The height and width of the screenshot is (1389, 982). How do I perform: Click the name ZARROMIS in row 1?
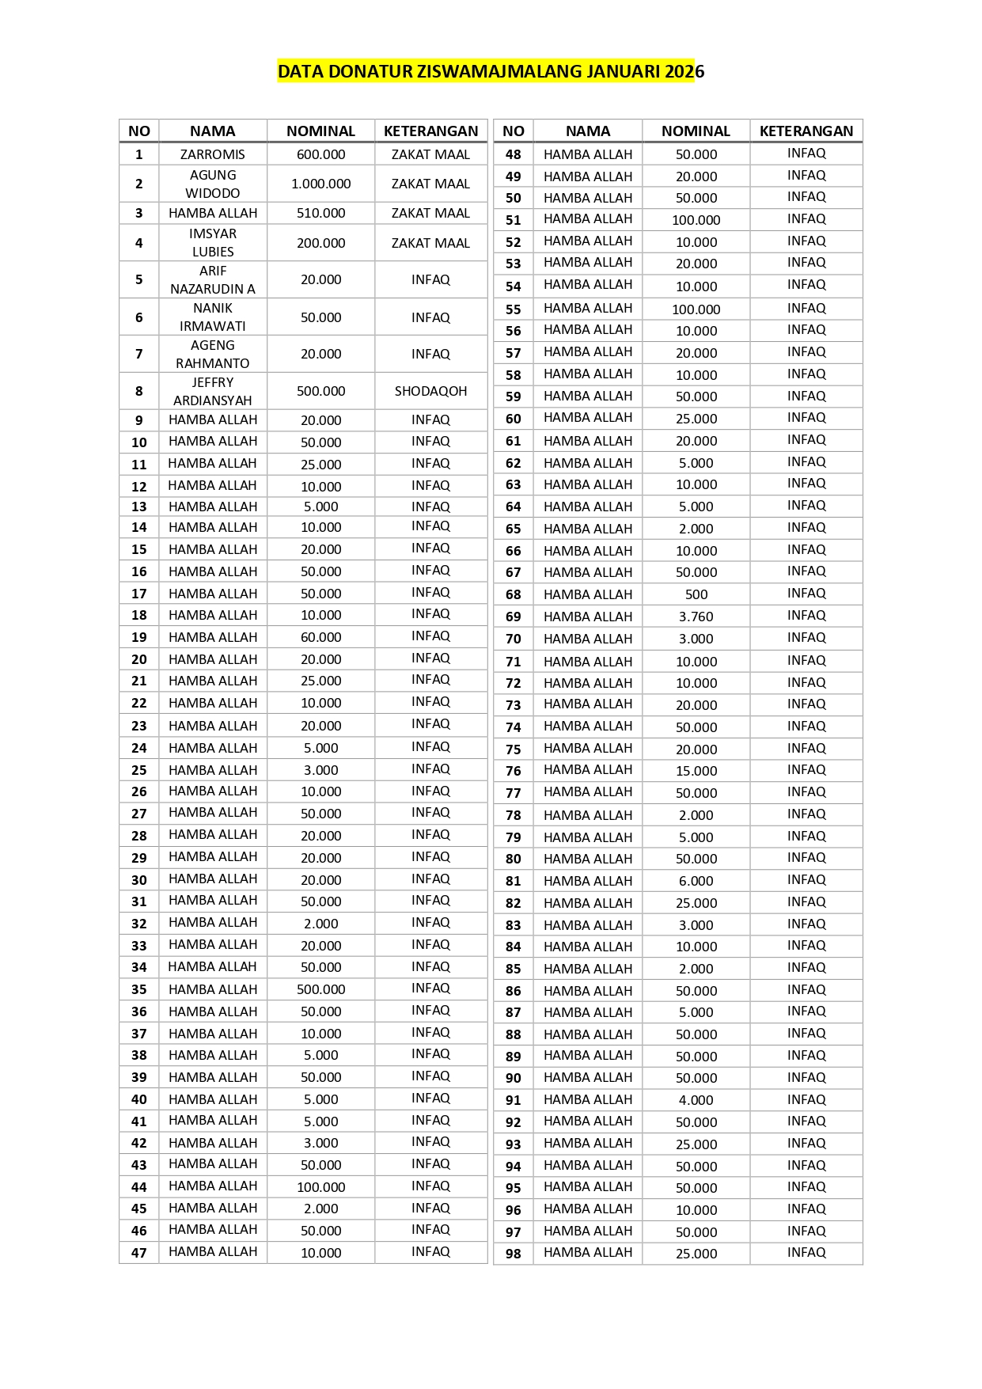tap(212, 154)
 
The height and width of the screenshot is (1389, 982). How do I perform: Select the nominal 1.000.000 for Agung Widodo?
tap(320, 184)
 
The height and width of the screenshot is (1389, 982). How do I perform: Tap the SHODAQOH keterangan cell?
tap(430, 391)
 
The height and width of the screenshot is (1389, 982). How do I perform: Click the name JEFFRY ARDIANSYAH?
tap(212, 391)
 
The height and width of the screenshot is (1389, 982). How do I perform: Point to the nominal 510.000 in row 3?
tap(320, 213)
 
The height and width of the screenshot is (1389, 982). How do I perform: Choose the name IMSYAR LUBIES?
tap(212, 242)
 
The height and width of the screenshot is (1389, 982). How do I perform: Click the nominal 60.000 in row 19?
tap(320, 637)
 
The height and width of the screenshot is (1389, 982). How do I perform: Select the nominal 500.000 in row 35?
tap(320, 989)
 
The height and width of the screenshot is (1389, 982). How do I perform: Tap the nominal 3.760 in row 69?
tap(696, 617)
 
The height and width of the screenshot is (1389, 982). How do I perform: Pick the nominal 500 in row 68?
tap(696, 594)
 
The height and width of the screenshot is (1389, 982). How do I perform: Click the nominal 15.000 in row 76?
tap(696, 771)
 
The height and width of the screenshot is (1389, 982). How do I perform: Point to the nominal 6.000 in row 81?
tap(696, 881)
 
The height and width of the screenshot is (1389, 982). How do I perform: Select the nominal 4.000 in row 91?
tap(696, 1100)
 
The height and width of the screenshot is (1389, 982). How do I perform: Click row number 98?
tap(514, 1254)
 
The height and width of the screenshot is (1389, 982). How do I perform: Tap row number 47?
tap(139, 1253)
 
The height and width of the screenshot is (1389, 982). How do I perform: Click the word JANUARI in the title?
tap(623, 71)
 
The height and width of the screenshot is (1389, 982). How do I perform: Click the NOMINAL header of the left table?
tap(320, 131)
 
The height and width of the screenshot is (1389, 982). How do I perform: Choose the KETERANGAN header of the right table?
tap(806, 131)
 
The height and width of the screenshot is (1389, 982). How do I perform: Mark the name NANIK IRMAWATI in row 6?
tap(212, 317)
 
